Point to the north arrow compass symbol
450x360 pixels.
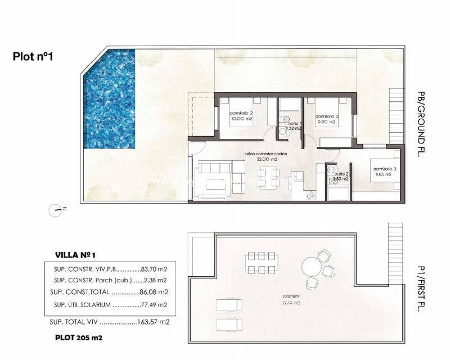click(56, 210)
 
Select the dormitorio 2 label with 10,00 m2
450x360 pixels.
click(241, 116)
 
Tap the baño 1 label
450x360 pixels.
click(293, 126)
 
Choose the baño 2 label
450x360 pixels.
click(341, 177)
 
